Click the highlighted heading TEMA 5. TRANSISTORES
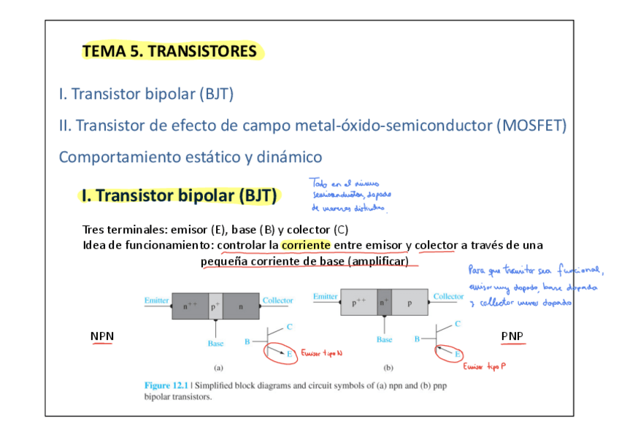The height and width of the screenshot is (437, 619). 170,51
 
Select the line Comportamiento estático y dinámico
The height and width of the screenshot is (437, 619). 190,157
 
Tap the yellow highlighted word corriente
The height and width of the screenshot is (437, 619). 306,245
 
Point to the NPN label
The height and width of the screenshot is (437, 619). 101,336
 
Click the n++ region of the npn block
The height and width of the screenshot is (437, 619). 190,306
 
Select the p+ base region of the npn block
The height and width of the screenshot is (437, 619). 215,306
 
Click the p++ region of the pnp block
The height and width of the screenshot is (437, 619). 358,303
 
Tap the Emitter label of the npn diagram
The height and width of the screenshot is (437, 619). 157,301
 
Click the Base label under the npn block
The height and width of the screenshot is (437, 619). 215,343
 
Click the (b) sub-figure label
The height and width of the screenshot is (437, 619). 388,369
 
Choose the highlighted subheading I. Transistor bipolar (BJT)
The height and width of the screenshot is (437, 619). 180,196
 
